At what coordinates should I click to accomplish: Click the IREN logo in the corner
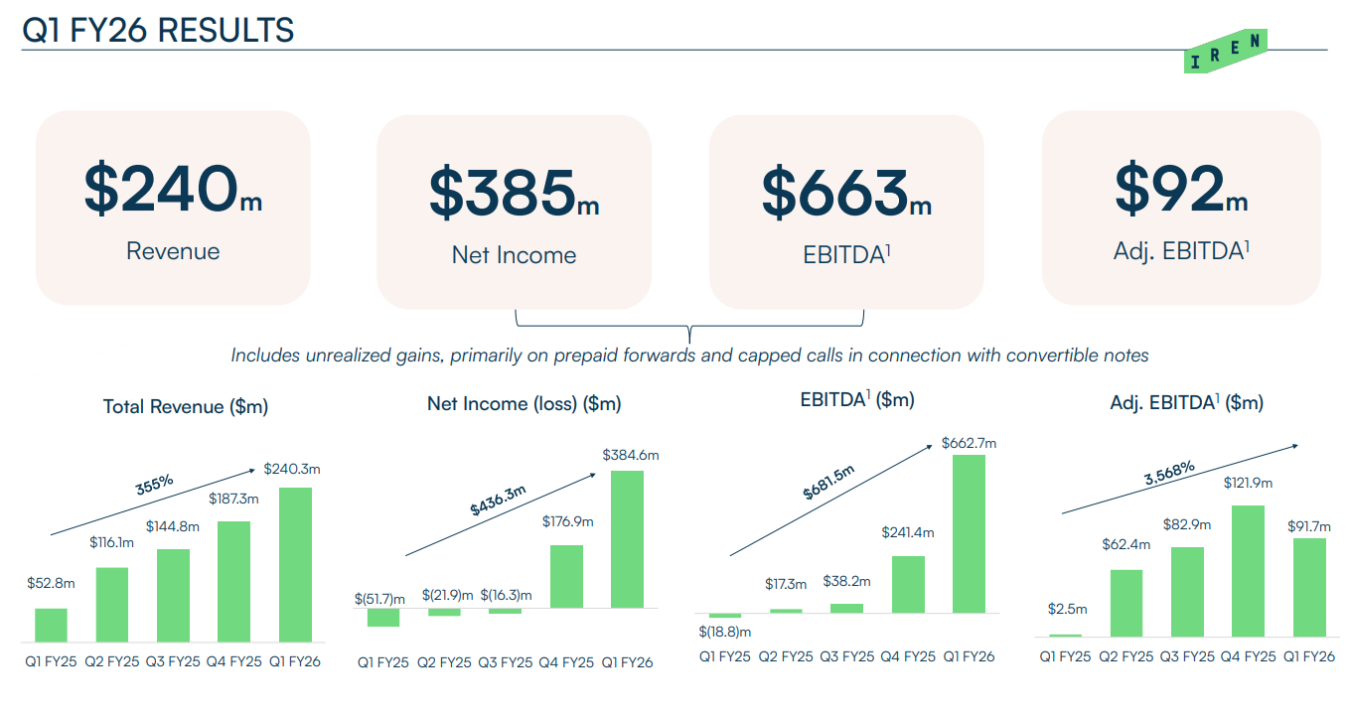coord(1226,52)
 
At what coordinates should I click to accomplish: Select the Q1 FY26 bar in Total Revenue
coord(295,564)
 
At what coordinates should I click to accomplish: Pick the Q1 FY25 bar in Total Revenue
coord(51,625)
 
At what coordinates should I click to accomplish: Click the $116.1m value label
coord(112,543)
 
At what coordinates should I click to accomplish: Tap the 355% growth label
coord(154,484)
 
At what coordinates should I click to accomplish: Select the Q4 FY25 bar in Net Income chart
coord(566,576)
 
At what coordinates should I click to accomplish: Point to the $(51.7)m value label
coord(380,598)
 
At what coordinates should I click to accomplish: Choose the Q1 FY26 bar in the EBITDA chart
coord(969,533)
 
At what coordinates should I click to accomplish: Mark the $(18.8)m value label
coord(724,632)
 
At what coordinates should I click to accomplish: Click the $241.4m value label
coord(907,532)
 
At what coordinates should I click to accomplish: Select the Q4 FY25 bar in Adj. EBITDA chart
coord(1248,570)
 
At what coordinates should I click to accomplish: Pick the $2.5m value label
coord(1067,609)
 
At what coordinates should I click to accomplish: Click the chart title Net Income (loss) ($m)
coord(524,404)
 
